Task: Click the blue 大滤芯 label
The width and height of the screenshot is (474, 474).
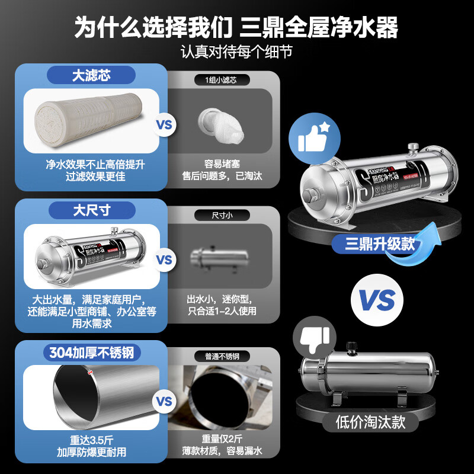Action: [91, 76]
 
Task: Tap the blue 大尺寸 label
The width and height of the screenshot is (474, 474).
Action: [91, 210]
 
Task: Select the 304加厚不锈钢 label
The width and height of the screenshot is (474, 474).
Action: [91, 353]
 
